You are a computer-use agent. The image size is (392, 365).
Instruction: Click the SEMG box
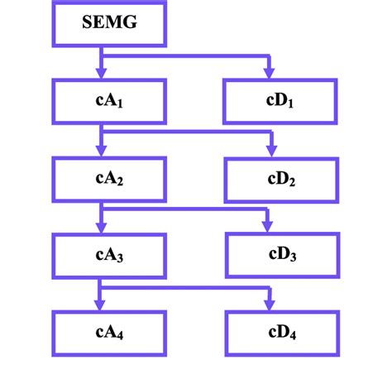(109, 24)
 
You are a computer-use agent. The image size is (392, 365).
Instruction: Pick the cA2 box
(109, 175)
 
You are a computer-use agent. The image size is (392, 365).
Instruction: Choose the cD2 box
(281, 175)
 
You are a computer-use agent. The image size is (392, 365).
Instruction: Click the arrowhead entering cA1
(101, 72)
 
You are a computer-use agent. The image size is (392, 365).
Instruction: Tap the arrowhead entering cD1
(269, 72)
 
